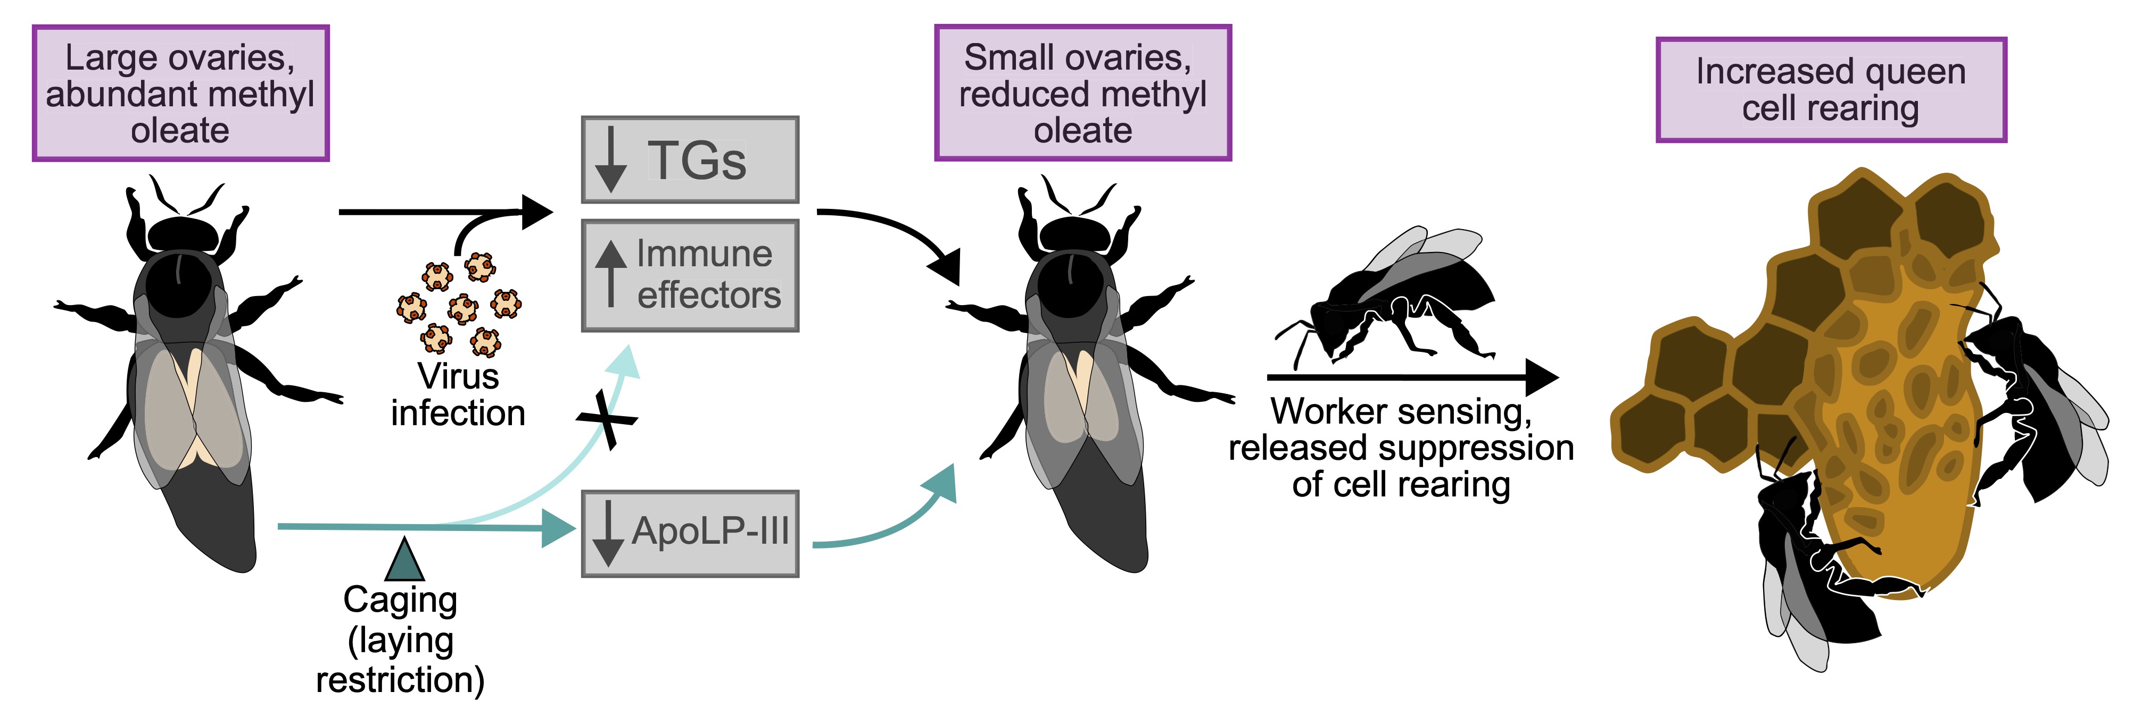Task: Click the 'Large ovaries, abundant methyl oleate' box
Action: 180,93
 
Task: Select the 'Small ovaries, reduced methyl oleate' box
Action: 1082,93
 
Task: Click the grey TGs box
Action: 690,159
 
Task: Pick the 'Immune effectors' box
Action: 690,275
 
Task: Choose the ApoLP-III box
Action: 690,533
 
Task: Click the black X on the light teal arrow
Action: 608,419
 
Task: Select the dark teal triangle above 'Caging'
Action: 405,560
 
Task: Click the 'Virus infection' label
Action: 458,394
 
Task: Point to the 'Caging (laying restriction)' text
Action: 400,640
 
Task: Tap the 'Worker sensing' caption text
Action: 1401,447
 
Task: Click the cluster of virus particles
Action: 460,305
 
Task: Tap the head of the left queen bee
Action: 181,234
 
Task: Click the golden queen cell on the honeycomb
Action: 1904,432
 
